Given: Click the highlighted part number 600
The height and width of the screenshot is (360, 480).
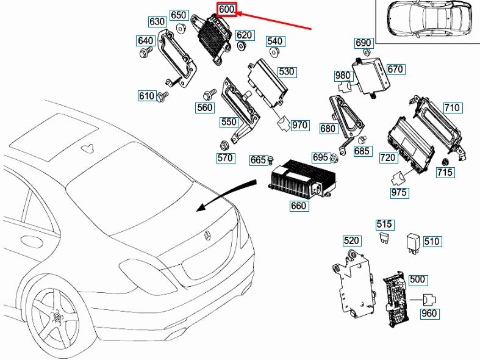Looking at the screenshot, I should click(226, 10).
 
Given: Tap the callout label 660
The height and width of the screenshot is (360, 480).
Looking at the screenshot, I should click(298, 206).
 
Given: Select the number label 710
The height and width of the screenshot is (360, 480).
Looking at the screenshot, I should click(451, 108).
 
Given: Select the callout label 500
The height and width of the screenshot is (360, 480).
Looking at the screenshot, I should click(417, 279).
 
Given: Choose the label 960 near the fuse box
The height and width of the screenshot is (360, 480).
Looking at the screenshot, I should click(429, 314).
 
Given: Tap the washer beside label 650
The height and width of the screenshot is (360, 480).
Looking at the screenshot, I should click(181, 29).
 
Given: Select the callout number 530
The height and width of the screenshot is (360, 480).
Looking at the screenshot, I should click(286, 71).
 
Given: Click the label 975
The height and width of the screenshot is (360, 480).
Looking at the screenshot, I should click(400, 193).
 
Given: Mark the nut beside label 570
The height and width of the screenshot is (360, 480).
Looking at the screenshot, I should click(223, 145).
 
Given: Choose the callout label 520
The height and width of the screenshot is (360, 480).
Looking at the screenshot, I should click(351, 240).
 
